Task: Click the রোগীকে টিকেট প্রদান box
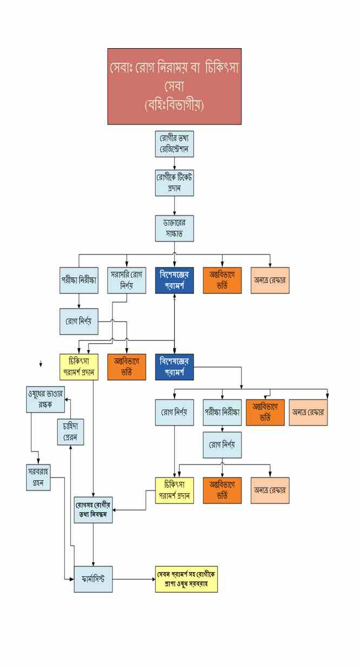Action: point(174,183)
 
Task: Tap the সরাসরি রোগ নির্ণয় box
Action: point(127,280)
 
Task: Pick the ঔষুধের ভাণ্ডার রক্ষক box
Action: point(45,399)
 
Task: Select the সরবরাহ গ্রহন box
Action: point(38,477)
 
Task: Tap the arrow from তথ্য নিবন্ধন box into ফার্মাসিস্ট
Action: point(94,544)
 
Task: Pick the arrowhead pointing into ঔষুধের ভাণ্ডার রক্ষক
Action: point(67,400)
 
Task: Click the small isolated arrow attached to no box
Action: point(41,365)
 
